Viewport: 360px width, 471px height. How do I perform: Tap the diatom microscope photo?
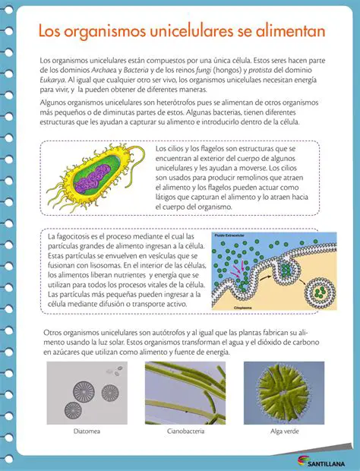pos(84,393)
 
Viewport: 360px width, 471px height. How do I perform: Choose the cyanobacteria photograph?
pos(185,393)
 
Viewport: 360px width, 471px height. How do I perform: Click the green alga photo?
pos(284,393)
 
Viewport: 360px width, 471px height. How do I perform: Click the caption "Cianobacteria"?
pos(185,431)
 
